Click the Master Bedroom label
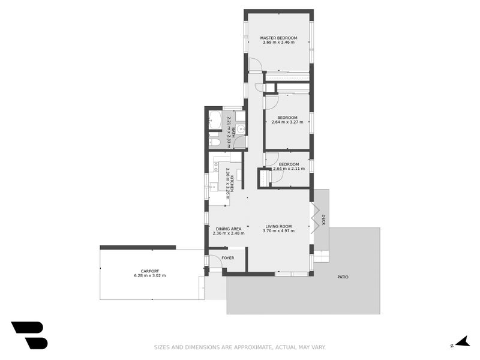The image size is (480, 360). click(278, 38)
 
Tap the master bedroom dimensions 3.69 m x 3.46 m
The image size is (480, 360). click(278, 43)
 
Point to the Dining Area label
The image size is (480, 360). click(229, 228)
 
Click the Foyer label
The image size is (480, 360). click(228, 258)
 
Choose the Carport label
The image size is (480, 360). click(149, 271)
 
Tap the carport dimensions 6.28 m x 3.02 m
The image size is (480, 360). click(149, 275)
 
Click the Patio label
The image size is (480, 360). click(343, 277)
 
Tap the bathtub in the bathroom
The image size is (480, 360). click(215, 120)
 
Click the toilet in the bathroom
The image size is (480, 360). click(214, 143)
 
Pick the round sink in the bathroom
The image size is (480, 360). click(240, 128)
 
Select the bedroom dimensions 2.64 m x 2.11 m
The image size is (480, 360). click(289, 169)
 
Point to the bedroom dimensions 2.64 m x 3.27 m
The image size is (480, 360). click(287, 122)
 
